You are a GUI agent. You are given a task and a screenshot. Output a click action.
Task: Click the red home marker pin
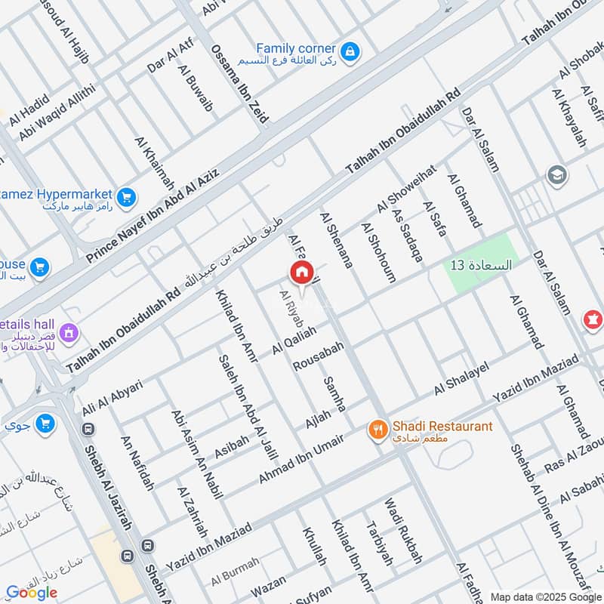[x=301, y=273]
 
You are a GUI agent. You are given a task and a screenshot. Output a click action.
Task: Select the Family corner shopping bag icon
[x=350, y=51]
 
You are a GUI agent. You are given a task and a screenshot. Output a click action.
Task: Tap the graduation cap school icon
[x=557, y=174]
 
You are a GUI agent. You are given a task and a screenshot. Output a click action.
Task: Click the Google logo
[x=32, y=592]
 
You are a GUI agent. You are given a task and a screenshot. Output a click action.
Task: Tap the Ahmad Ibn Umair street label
[x=301, y=458]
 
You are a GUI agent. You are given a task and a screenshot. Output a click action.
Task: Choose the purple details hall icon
[x=69, y=331]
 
